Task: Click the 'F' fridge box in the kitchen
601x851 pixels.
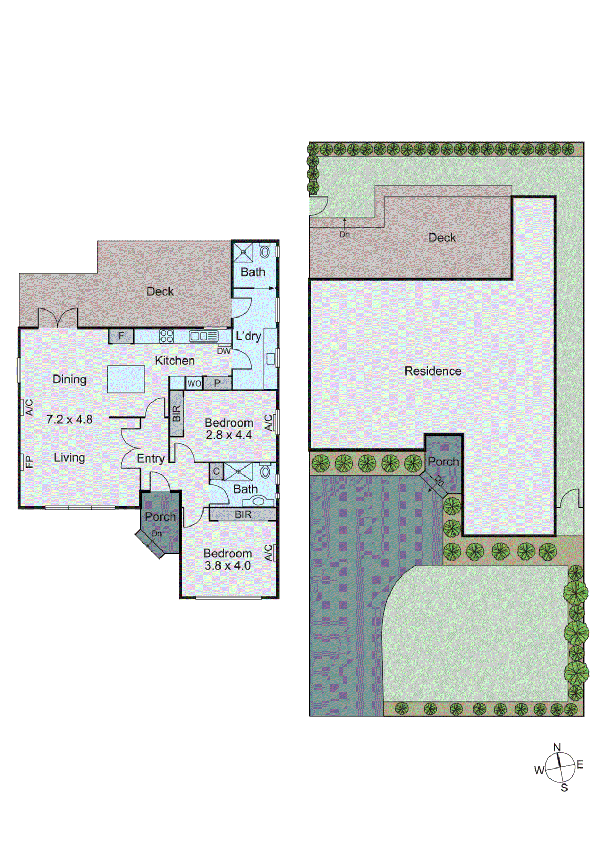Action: coord(121,336)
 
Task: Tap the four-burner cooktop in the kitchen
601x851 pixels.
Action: coord(167,336)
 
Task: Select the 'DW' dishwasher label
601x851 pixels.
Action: coord(224,351)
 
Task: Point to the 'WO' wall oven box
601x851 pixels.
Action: coord(194,383)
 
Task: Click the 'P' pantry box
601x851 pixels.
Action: coord(217,383)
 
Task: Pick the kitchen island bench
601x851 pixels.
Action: coord(126,379)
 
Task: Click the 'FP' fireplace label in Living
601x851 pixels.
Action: coord(29,461)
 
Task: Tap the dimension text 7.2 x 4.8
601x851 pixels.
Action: coord(69,419)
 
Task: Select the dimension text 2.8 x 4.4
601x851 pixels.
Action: coord(228,435)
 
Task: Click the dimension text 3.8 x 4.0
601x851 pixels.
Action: coord(227,565)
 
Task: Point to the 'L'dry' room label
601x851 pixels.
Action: coord(248,336)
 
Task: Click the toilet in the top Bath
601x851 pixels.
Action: coord(265,252)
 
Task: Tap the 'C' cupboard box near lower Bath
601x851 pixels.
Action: coord(216,472)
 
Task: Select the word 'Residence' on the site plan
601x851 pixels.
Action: coord(433,371)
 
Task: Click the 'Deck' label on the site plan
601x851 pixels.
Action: coord(442,238)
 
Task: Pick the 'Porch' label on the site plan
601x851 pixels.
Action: coord(443,462)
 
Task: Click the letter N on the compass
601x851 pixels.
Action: coord(557,747)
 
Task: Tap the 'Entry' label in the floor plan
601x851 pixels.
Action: coord(150,458)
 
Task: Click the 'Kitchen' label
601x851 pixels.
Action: coord(174,361)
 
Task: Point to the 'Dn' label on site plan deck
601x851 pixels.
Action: coord(344,235)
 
